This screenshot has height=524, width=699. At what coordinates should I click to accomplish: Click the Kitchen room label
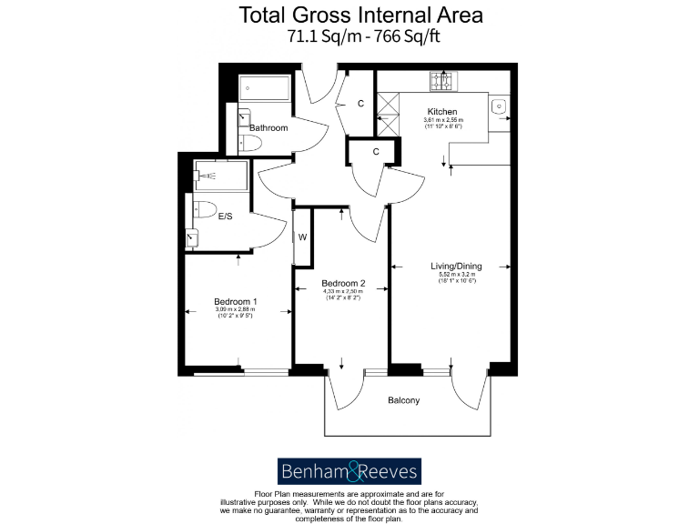(x=442, y=111)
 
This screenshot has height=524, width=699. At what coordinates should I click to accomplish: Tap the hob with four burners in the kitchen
(x=443, y=82)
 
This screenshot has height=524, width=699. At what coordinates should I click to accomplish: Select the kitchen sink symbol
(x=500, y=106)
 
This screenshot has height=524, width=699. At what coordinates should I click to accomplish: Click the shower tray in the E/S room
(x=220, y=175)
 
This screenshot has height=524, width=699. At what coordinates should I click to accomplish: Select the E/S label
(x=227, y=217)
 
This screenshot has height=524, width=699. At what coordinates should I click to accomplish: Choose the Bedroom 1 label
(x=235, y=302)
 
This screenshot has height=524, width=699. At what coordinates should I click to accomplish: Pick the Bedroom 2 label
(x=343, y=283)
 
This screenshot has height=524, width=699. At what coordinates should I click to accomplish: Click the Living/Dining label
(x=457, y=267)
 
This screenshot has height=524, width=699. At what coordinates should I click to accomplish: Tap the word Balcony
(x=403, y=400)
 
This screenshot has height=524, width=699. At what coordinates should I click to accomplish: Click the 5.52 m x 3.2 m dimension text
(x=457, y=275)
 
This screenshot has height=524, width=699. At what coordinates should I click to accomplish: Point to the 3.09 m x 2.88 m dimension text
(x=235, y=310)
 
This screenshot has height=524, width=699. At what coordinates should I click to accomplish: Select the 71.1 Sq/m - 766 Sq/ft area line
(x=361, y=37)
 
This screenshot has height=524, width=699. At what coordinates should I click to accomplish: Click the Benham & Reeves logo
(x=349, y=470)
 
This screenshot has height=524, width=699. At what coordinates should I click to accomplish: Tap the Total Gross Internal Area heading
(x=361, y=15)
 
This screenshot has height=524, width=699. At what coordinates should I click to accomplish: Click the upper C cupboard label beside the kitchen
(x=360, y=104)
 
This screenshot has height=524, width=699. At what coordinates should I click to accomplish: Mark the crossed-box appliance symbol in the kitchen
(x=388, y=113)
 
